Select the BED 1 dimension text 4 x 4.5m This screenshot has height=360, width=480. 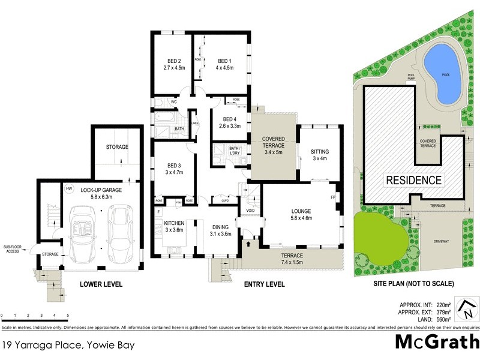tap(224, 68)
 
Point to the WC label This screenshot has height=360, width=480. tap(174, 103)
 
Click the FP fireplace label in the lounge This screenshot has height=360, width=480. tap(332, 197)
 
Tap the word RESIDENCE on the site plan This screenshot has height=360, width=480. tap(413, 179)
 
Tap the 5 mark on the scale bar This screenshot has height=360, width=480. tap(68, 315)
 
